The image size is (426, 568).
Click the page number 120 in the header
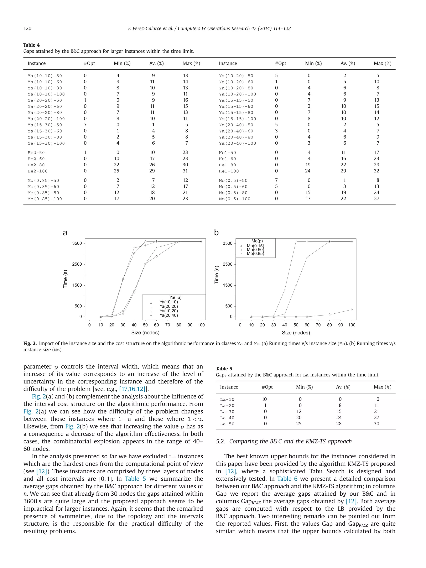[x=27, y=28]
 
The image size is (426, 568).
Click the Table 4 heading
[x=31, y=45]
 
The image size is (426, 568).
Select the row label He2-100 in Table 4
[x=37, y=171]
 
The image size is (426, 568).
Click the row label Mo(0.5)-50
[x=233, y=181]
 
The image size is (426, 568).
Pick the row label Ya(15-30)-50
[x=45, y=125]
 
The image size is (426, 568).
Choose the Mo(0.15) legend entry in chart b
[x=255, y=246]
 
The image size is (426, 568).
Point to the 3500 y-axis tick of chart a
[x=77, y=243]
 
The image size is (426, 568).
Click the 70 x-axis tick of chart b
[x=318, y=325]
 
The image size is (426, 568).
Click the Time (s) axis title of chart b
[x=217, y=275]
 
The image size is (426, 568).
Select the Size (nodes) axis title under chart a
[x=145, y=333]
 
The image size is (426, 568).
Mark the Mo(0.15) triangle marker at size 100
[x=352, y=309]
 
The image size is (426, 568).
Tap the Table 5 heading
[x=224, y=369]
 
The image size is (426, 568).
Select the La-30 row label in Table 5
[x=227, y=412]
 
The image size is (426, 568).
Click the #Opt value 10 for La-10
[x=264, y=399]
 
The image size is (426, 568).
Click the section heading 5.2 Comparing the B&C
[x=284, y=441]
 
